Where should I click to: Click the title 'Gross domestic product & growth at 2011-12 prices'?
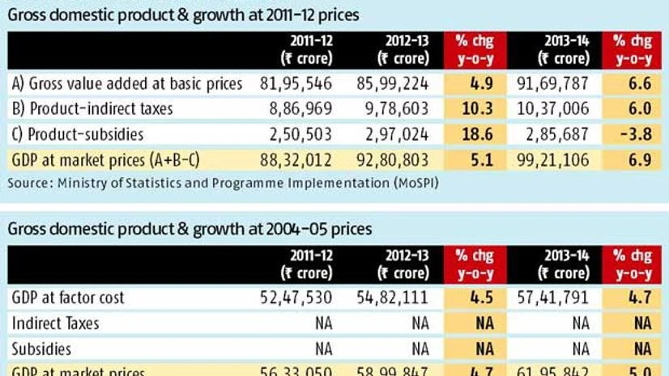(x=184, y=15)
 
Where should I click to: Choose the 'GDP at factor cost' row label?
(x=68, y=298)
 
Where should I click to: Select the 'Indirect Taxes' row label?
(x=56, y=323)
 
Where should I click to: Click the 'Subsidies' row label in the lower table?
(x=41, y=349)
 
